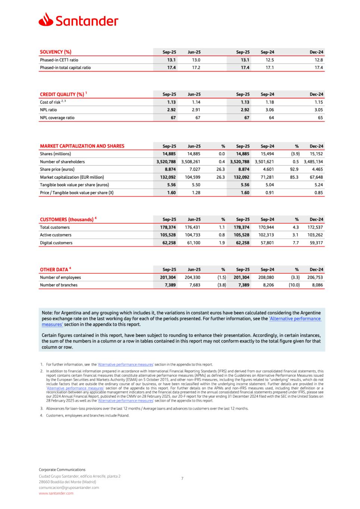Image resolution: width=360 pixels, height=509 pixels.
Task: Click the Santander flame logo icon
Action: [x=46, y=20]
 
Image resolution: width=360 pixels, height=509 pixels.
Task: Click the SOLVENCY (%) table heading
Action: [x=56, y=52]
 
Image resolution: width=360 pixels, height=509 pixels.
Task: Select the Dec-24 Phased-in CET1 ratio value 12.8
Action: [x=319, y=60]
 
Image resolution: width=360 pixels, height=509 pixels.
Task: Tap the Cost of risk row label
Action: [x=50, y=102]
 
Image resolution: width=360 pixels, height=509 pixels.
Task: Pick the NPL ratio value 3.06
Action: [x=269, y=110]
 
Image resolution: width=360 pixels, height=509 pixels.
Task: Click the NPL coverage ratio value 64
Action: [x=271, y=118]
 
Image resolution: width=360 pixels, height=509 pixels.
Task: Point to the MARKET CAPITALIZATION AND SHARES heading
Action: [x=82, y=146]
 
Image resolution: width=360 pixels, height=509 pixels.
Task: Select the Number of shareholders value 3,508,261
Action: [x=191, y=162]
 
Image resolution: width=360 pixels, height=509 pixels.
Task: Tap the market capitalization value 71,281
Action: [x=267, y=177]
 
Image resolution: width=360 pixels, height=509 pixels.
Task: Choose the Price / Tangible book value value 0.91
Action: [x=269, y=193]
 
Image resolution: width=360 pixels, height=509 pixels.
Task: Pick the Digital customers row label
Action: [x=56, y=243]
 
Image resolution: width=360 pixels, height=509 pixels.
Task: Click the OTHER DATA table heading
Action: [x=54, y=270]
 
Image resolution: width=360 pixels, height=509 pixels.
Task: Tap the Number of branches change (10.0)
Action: [x=294, y=285]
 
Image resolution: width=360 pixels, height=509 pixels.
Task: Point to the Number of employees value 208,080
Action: [x=266, y=277]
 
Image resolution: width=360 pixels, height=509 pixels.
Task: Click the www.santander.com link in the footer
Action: [x=56, y=493]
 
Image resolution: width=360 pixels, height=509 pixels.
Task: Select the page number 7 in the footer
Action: [x=182, y=478]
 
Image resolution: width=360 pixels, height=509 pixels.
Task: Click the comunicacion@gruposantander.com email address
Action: [x=69, y=488]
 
